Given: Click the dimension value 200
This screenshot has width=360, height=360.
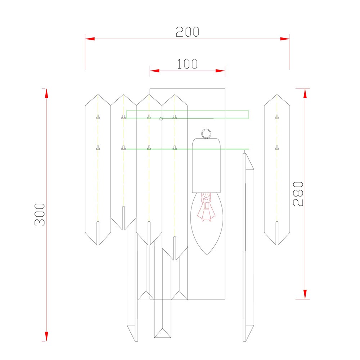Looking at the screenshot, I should click(187, 32).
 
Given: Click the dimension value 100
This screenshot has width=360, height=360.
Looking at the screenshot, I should click(187, 64).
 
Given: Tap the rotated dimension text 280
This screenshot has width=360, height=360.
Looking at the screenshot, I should click(298, 194).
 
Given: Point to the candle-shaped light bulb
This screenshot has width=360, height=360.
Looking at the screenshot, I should click(206, 227).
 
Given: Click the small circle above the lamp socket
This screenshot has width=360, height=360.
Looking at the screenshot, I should click(206, 134).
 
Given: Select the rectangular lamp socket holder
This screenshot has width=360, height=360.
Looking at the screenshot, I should click(206, 166).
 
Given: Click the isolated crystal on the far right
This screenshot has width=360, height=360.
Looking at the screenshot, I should click(277, 169).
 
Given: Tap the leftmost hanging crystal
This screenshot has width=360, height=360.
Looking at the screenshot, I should click(98, 169).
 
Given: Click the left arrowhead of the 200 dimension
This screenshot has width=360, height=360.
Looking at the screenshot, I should click(90, 39).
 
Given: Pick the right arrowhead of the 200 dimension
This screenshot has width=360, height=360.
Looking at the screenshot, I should click(285, 39).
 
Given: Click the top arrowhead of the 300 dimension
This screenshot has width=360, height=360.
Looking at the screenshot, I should click(46, 93).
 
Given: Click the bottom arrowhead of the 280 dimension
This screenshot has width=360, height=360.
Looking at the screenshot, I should click(305, 294).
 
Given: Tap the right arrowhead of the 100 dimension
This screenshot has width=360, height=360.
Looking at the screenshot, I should click(221, 71).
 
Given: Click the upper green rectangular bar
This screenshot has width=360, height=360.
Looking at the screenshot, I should click(187, 114).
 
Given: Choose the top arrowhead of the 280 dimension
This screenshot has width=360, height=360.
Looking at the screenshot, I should click(305, 93).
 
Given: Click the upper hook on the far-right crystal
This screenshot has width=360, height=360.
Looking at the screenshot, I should click(277, 116).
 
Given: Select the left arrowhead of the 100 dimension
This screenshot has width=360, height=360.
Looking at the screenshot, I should click(154, 71).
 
